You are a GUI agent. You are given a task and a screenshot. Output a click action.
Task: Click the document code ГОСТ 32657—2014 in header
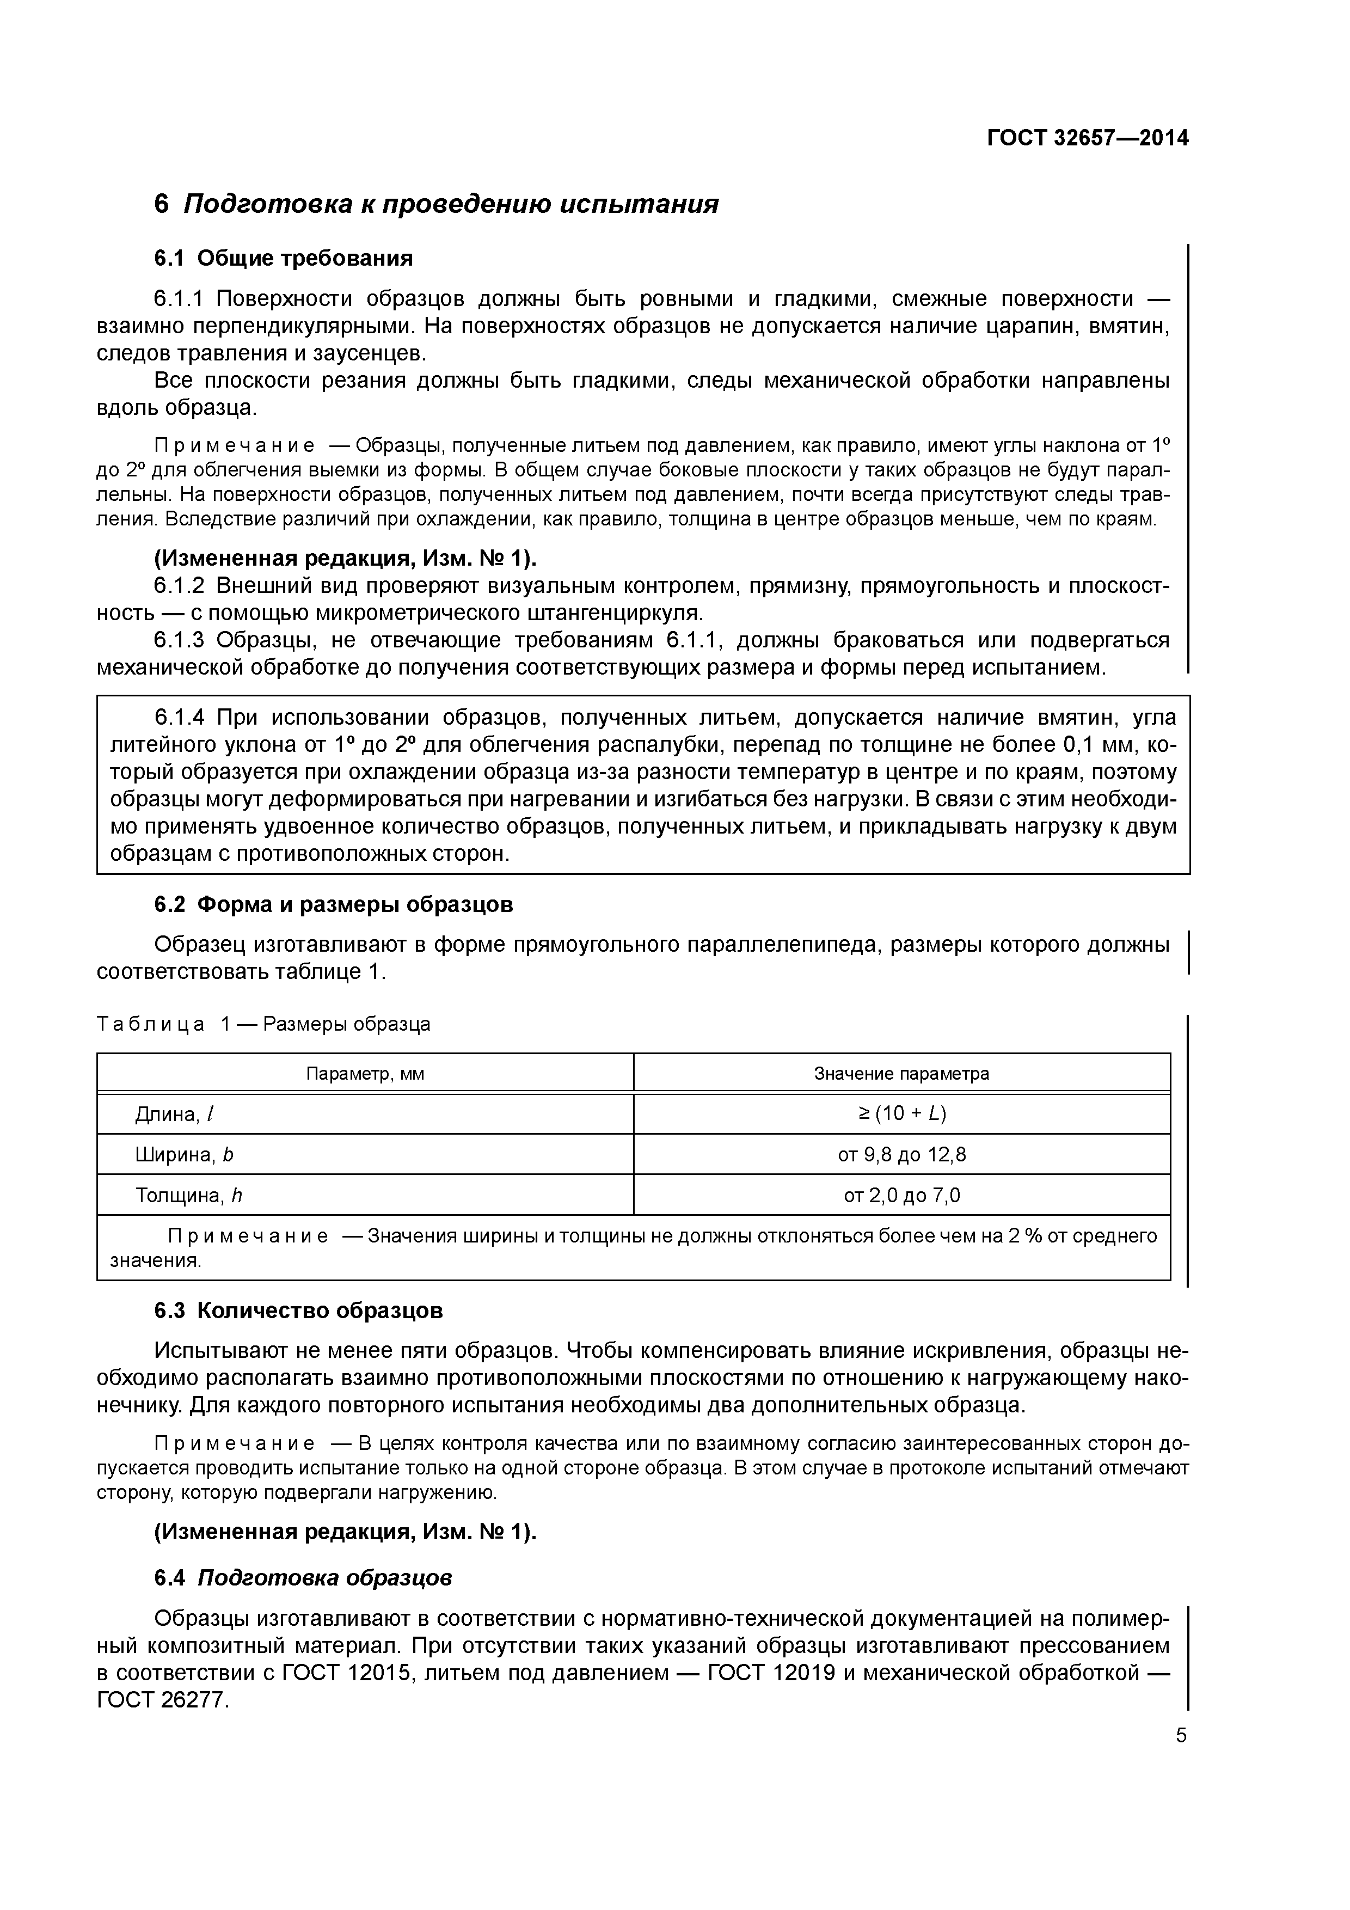tap(1087, 138)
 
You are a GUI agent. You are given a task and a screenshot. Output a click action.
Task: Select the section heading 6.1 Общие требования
tap(283, 259)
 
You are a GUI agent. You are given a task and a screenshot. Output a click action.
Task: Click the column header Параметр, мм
tap(365, 1073)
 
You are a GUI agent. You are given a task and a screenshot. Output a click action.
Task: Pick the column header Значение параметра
tap(901, 1073)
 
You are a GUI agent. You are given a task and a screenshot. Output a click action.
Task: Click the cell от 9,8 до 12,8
tap(901, 1155)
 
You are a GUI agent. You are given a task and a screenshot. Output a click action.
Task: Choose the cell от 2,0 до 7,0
tap(901, 1196)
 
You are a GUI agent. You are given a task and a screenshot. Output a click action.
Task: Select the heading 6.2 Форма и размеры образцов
tap(334, 904)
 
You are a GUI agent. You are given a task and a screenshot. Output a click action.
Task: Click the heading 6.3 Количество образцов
tap(299, 1311)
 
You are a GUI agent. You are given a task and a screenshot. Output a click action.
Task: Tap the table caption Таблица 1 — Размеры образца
tap(263, 1024)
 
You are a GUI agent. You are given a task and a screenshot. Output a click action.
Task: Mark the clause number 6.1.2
tap(179, 586)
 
